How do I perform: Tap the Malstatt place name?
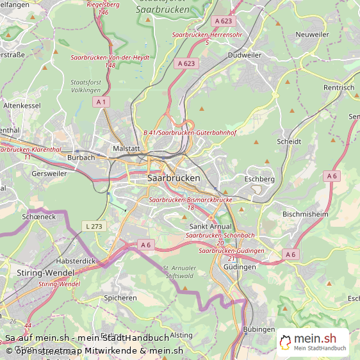[x=126, y=148]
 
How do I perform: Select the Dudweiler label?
[x=245, y=55]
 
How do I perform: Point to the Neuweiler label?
[x=312, y=34]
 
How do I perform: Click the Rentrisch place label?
[x=339, y=87]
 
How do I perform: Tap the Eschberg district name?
[x=259, y=179]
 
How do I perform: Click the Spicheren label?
[x=120, y=298]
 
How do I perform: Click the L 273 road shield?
[x=93, y=226]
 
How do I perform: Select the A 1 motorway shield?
[x=101, y=102]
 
